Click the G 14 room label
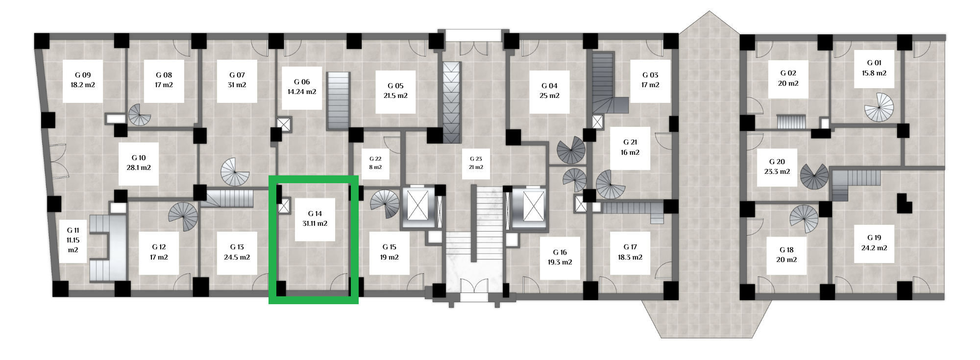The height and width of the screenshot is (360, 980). tap(315, 218)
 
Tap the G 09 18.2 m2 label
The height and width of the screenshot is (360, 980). tap(83, 80)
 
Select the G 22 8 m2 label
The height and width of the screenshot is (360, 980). tap(375, 163)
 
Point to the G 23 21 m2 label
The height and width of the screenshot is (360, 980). tap(476, 163)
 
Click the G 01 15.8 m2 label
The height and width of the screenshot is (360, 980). tap(874, 68)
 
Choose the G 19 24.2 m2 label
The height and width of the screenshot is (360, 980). tap(874, 243)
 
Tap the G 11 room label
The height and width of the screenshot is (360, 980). tap(73, 240)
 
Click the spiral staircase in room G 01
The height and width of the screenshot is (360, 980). tap(879, 107)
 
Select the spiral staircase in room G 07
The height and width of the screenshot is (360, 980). tap(235, 172)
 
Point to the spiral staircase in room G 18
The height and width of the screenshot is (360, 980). tap(804, 219)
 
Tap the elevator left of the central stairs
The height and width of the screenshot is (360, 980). tap(418, 206)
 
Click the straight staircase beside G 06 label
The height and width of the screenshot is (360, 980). tap(338, 101)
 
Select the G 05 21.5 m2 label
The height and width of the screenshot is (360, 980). tap(395, 91)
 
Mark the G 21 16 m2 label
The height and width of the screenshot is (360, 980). tap(630, 147)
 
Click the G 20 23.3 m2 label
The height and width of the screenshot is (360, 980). tap(777, 167)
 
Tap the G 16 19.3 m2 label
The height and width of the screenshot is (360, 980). tap(560, 257)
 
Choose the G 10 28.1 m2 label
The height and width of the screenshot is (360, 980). tap(139, 163)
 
